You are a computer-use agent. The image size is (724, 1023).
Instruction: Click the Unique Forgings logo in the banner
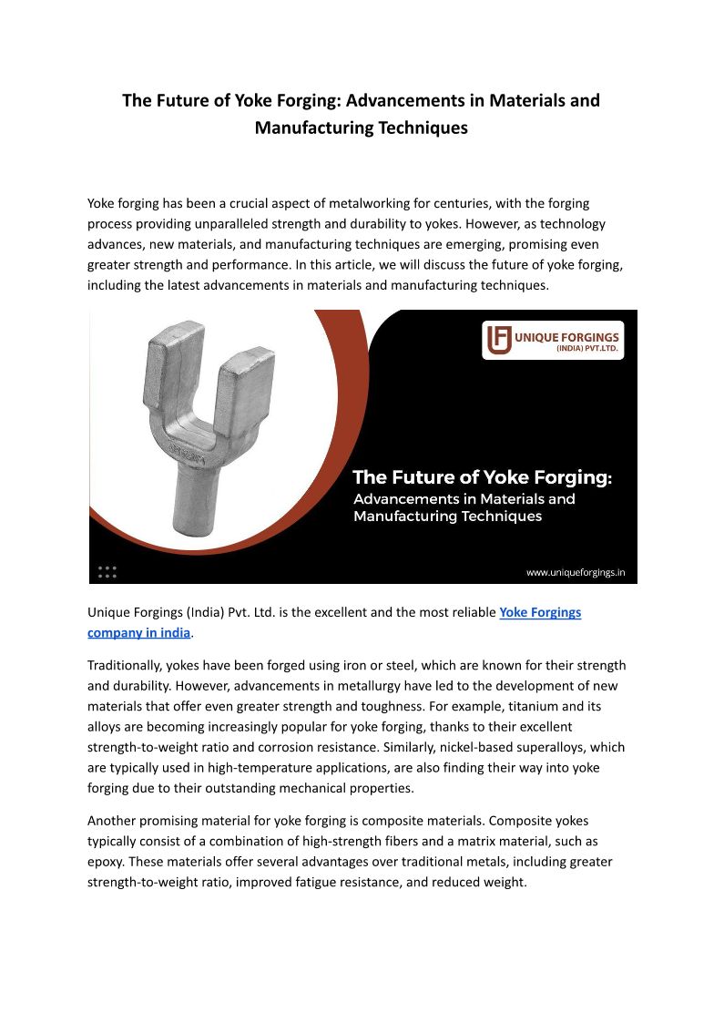(x=553, y=340)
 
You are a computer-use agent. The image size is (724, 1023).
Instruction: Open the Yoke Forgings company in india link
(x=540, y=612)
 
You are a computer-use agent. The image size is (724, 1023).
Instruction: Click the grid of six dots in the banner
(x=107, y=571)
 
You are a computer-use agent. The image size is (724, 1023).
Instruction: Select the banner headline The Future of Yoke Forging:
(x=482, y=477)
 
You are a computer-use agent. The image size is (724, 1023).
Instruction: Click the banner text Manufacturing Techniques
(x=446, y=517)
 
